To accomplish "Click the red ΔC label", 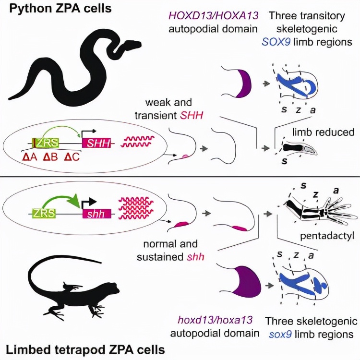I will pyautogui.click(x=76, y=157).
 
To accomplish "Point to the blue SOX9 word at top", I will pyautogui.click(x=275, y=41).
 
